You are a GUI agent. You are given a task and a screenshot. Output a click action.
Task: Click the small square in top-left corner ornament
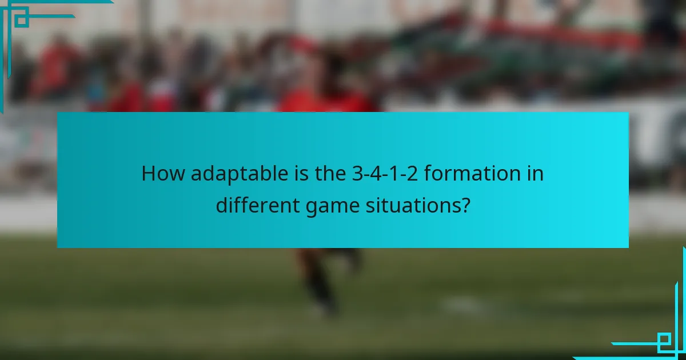(x=21, y=19)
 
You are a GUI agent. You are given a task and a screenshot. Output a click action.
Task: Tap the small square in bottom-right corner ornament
(x=665, y=341)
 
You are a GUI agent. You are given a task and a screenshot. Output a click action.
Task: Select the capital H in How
(x=149, y=173)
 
